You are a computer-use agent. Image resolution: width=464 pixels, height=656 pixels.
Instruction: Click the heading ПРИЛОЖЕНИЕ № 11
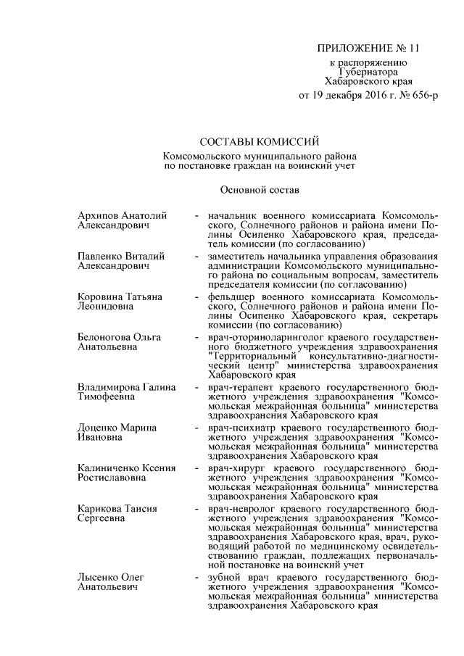(x=368, y=49)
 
